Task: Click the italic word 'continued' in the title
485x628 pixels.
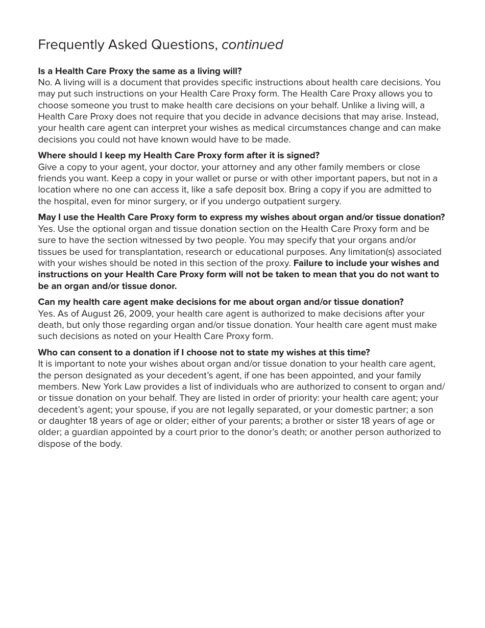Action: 252,45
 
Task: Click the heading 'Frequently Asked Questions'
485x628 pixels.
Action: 128,45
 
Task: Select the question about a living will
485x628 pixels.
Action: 139,71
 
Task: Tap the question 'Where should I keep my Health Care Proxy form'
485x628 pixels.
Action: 178,155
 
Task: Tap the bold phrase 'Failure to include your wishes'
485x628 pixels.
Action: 357,263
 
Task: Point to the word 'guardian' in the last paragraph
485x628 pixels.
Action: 83,432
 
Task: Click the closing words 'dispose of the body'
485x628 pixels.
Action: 80,444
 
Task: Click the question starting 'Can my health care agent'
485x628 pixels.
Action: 220,302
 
